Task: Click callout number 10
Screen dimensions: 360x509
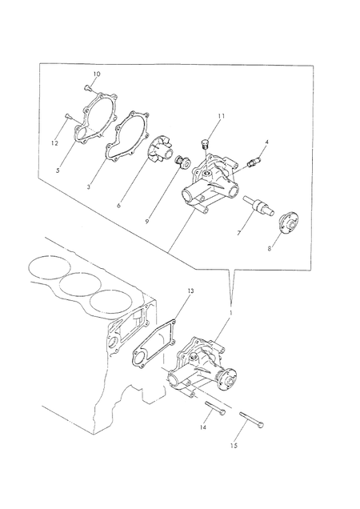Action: [97, 74]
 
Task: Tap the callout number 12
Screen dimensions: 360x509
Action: [54, 143]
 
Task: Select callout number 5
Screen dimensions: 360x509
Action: [58, 170]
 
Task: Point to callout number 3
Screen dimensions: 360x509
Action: [89, 187]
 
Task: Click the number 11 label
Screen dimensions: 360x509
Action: [221, 116]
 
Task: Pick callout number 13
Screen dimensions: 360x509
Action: [190, 291]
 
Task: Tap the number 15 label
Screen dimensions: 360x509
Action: [234, 446]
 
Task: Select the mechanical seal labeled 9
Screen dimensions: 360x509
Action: [182, 162]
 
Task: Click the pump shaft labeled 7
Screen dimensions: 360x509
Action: [258, 206]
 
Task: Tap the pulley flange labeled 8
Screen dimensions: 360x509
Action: [289, 223]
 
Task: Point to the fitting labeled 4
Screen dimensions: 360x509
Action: [254, 162]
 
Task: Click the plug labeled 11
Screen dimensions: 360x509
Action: [205, 143]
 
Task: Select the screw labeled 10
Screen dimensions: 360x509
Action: [88, 87]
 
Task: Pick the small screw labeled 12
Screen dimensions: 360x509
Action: [67, 115]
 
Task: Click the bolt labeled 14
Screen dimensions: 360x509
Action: [215, 407]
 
